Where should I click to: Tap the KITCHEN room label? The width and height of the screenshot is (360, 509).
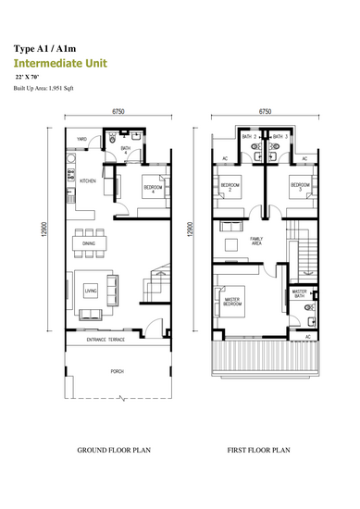click(89, 180)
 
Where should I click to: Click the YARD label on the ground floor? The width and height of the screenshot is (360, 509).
click(81, 139)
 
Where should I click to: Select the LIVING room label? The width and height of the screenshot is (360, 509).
click(91, 292)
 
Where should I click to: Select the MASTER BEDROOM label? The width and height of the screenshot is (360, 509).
click(231, 302)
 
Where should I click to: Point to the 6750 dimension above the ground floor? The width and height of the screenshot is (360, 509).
click(118, 110)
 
